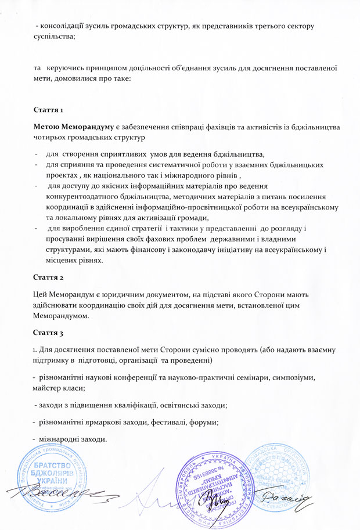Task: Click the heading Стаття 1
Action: coord(49,110)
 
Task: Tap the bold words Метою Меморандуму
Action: coord(72,127)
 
